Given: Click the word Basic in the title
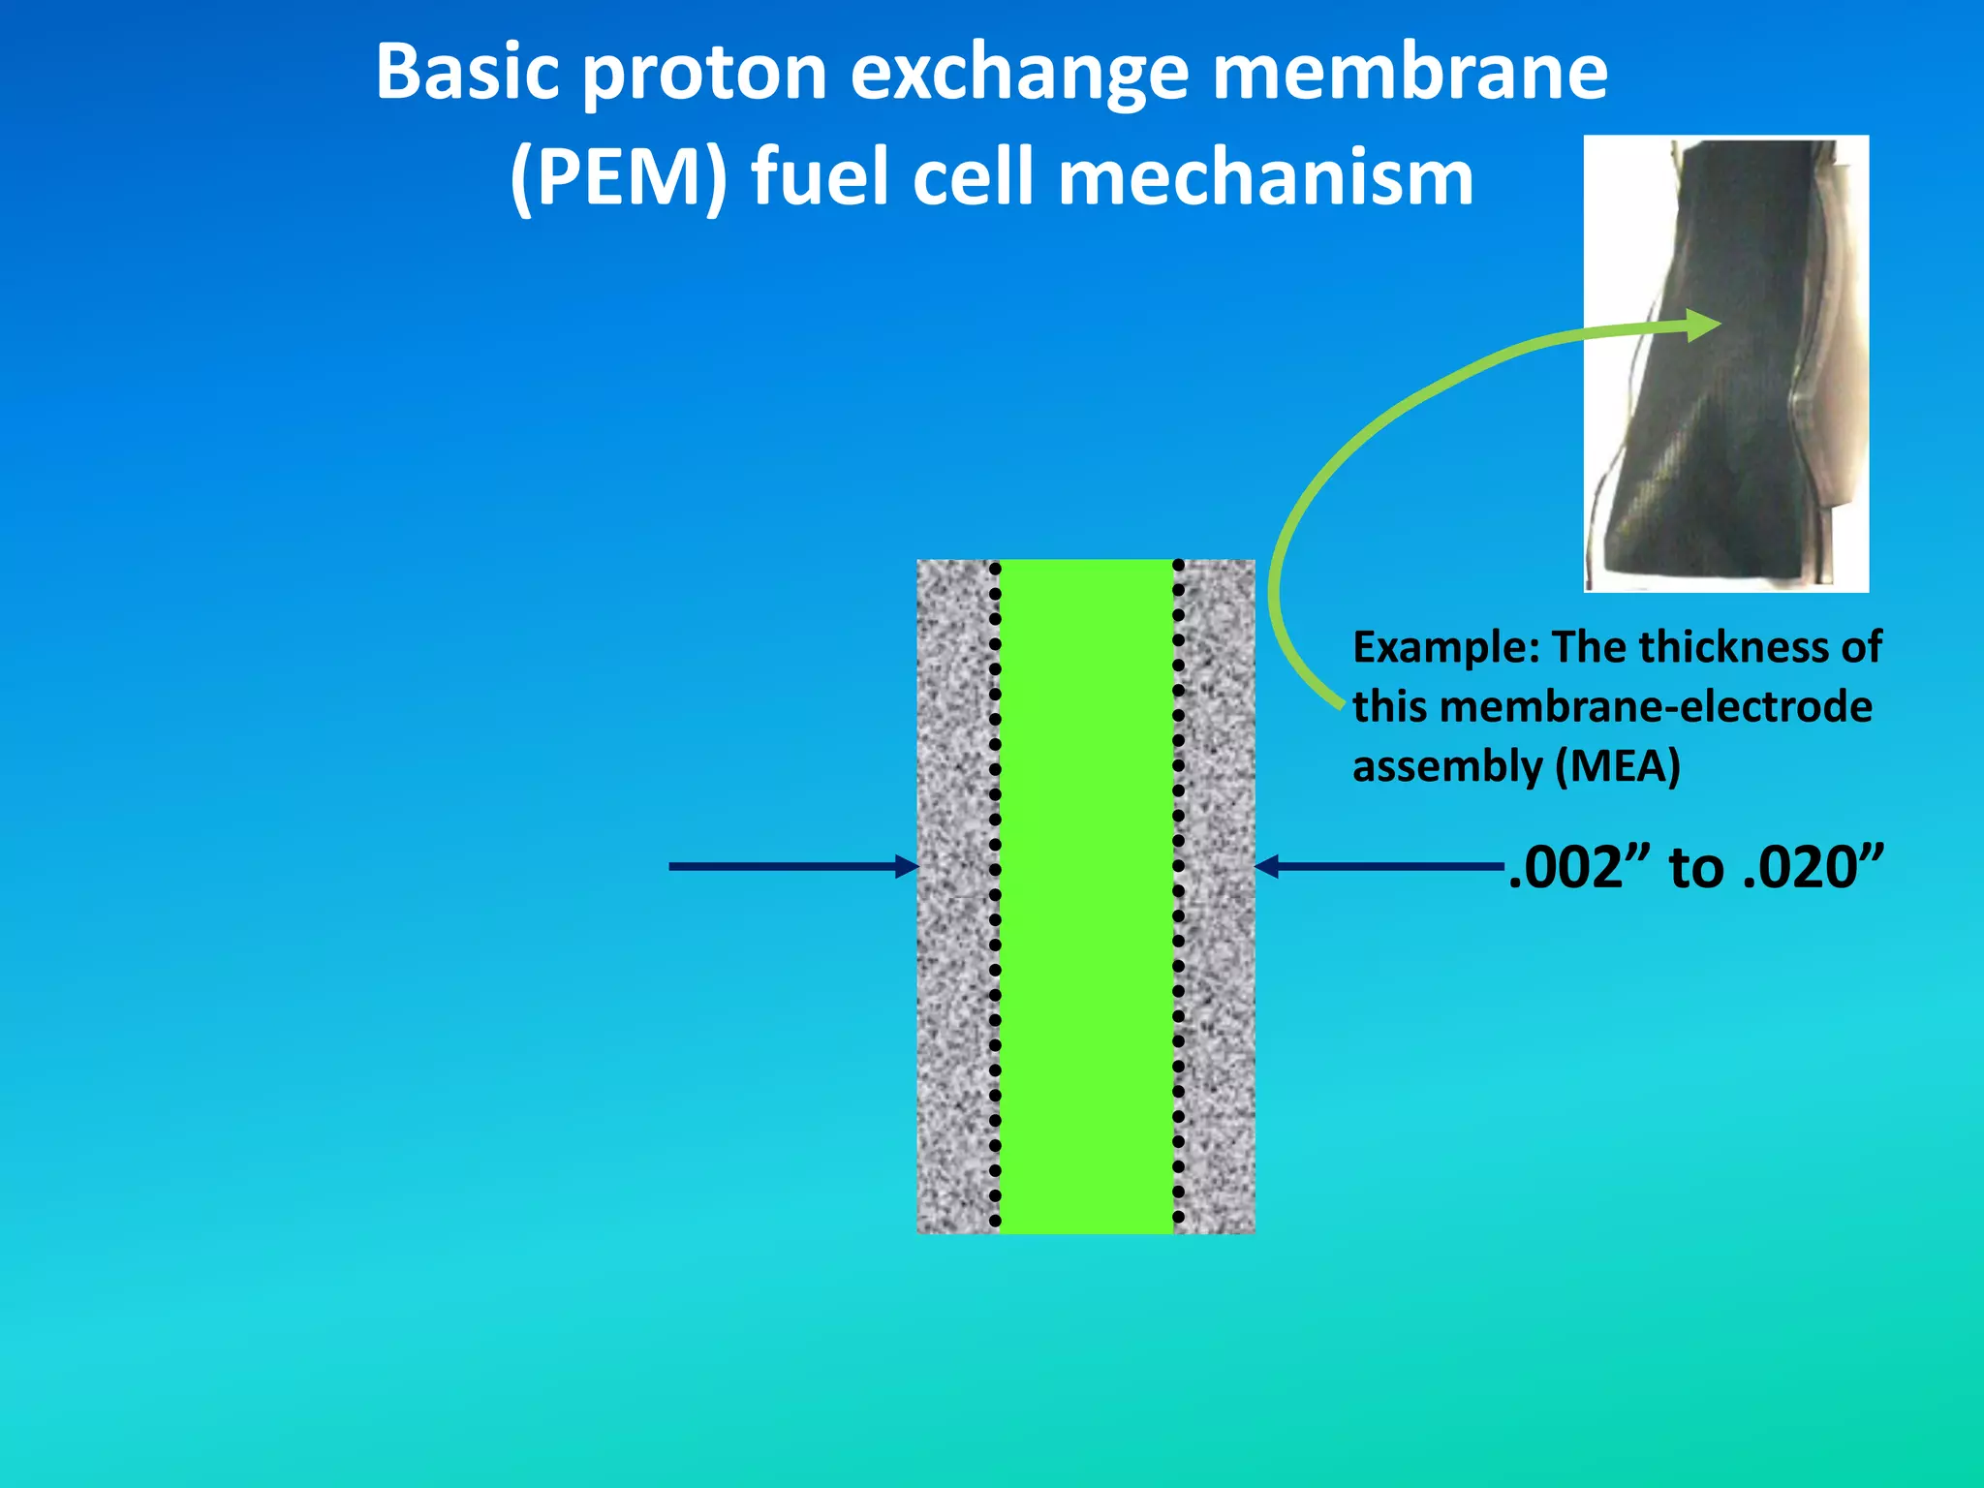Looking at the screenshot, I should tap(468, 73).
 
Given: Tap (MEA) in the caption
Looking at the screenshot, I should tap(1617, 766).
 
